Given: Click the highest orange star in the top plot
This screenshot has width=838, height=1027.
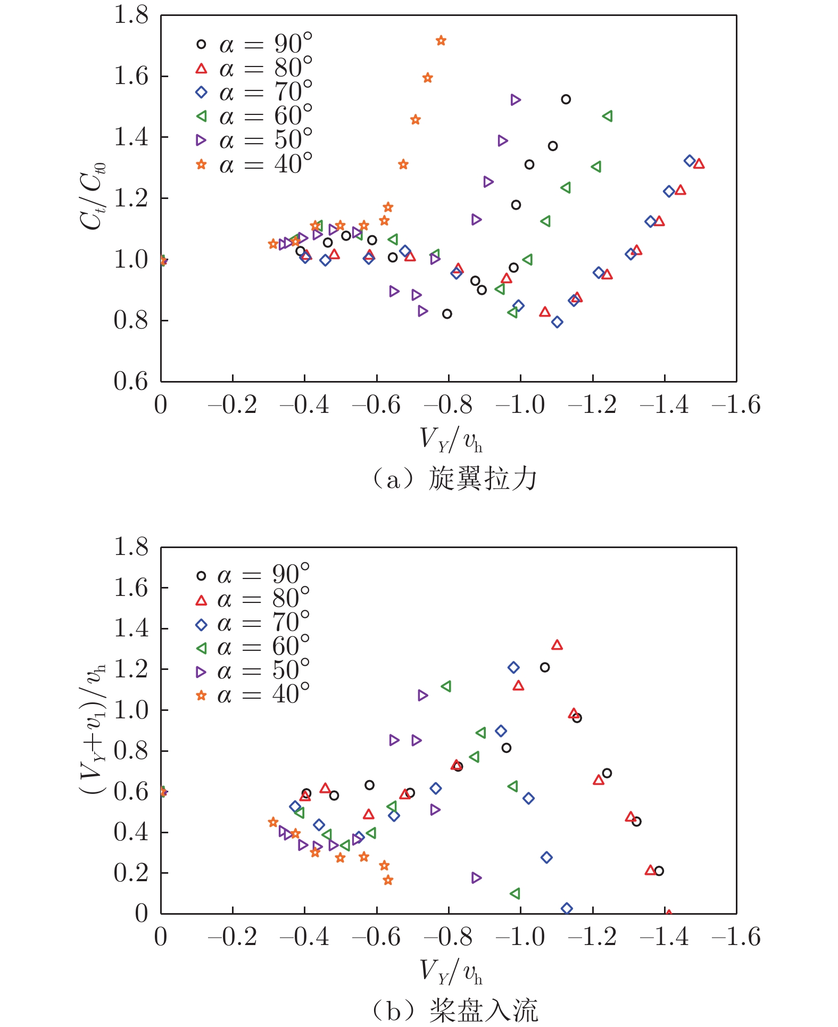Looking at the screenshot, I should coord(441,41).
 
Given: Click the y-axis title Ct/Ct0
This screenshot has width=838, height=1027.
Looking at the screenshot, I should coord(93,197).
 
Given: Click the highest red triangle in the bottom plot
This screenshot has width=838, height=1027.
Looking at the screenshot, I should coord(557,645).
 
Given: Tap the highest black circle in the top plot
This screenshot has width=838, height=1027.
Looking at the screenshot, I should coord(566,100).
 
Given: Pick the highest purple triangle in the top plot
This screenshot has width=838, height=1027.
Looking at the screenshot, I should coord(515,100).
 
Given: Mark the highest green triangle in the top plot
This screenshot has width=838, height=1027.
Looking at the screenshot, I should coord(607,116).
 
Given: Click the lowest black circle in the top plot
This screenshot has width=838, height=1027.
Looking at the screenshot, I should coord(447,314).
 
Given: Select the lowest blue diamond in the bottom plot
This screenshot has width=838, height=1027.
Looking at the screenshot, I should coord(567,908).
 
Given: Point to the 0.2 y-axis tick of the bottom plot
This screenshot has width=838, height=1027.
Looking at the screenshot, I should coord(131,873).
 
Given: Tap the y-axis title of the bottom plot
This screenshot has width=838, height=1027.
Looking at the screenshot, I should coord(93,729).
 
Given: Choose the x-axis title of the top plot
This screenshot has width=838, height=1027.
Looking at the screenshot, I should coord(451,440).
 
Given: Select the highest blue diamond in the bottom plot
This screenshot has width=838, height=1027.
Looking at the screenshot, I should coord(513,667).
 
